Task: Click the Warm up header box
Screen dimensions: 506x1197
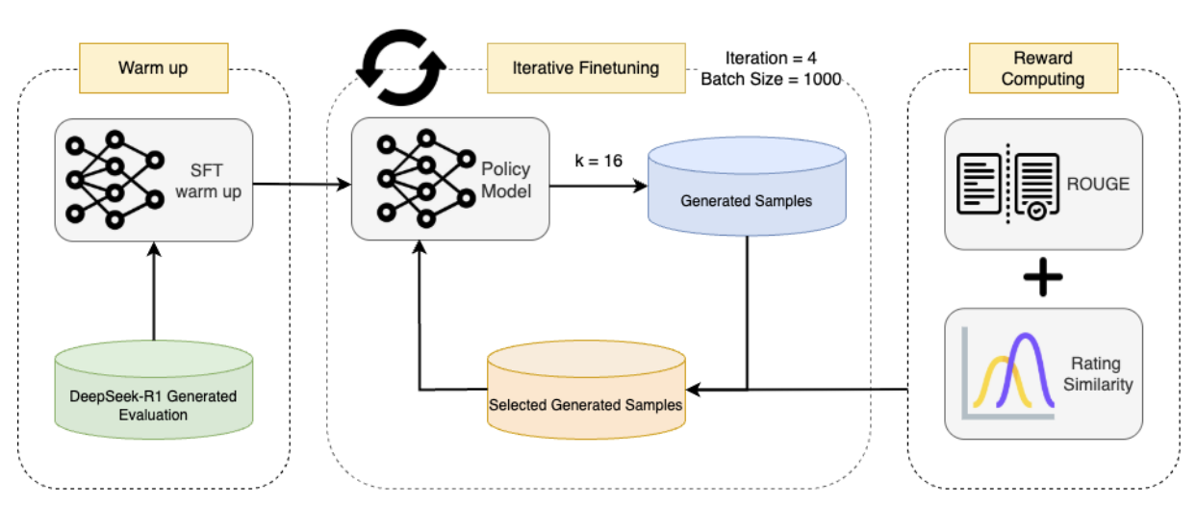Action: (153, 68)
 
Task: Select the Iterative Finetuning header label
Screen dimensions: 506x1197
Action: (586, 68)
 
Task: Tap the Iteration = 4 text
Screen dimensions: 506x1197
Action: (773, 58)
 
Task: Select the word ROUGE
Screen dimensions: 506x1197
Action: (1099, 185)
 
